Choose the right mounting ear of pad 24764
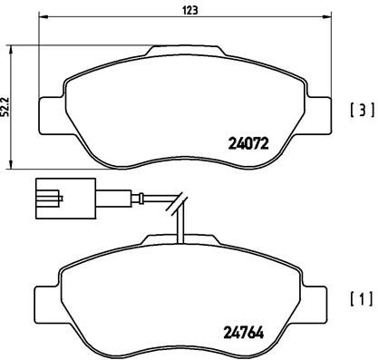pyautogui.click(x=317, y=298)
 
